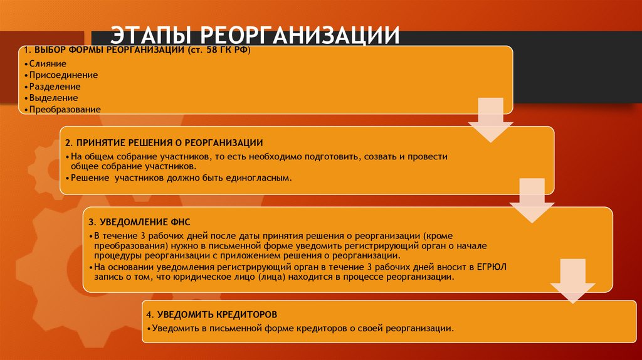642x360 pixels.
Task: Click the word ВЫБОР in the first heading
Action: click(x=48, y=50)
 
